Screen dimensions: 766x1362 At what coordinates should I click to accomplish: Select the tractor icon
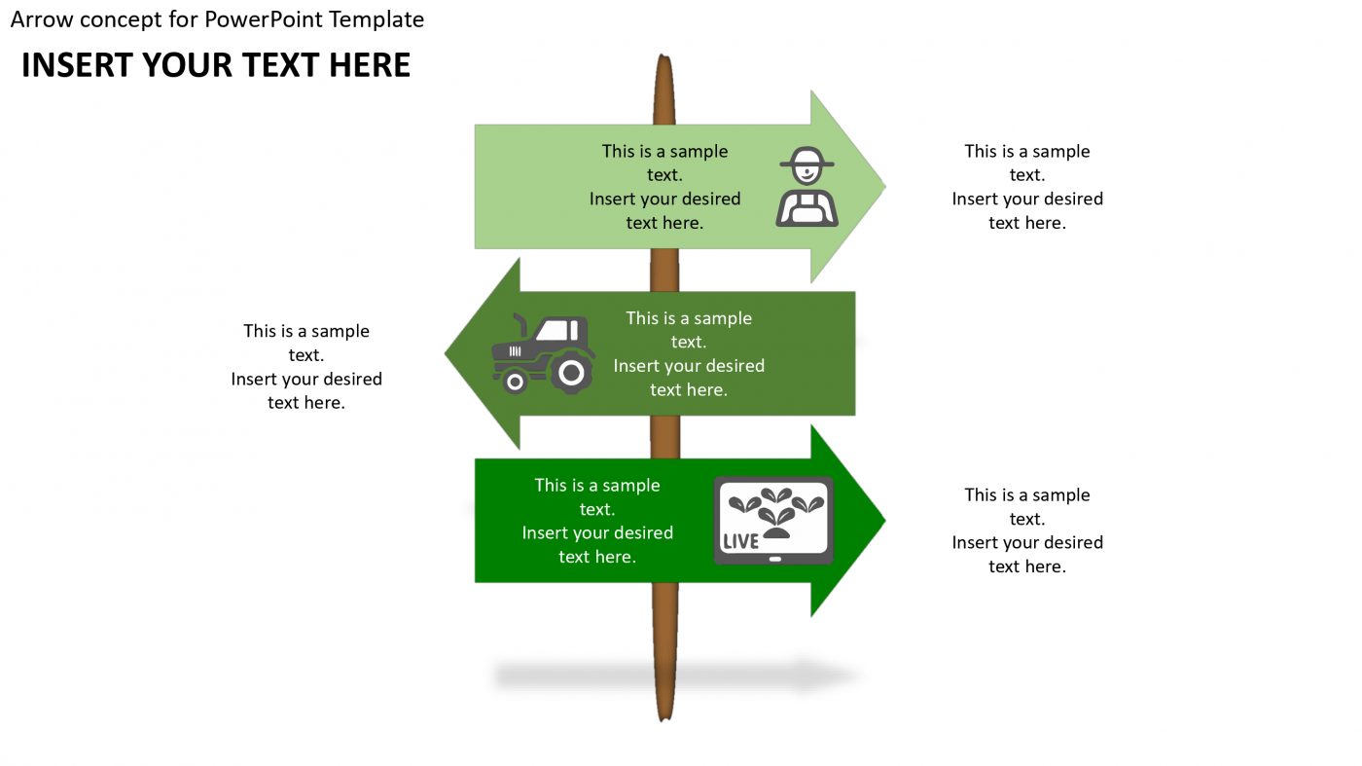543,353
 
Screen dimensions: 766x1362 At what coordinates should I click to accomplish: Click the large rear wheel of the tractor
572,372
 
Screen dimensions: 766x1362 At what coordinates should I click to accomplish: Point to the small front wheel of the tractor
515,382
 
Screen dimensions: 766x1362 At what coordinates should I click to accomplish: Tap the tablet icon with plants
773,521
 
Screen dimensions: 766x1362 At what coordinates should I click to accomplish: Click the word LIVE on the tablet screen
741,541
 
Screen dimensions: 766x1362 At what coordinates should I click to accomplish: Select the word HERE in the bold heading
370,65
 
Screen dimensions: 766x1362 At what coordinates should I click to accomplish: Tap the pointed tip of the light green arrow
883,186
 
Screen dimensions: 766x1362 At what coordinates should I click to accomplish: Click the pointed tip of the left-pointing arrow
448,353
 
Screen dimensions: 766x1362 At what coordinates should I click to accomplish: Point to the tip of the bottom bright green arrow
883,521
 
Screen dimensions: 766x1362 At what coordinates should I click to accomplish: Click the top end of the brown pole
664,58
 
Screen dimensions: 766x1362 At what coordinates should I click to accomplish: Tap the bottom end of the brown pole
664,717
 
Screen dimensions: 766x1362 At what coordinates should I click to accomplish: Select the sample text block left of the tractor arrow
306,367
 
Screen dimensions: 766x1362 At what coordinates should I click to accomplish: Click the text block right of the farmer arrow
1027,187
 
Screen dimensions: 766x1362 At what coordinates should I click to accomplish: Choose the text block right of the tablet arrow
1027,530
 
